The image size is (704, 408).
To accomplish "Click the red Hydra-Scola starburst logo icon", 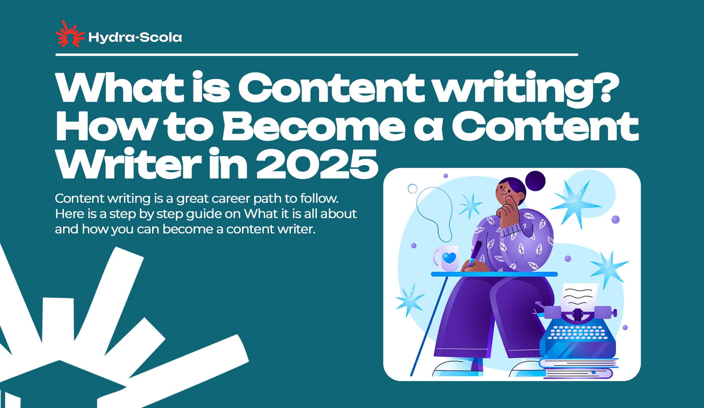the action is point(70,34).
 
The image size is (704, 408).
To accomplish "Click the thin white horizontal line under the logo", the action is point(317,55).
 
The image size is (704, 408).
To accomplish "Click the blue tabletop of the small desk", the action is point(494,274).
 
